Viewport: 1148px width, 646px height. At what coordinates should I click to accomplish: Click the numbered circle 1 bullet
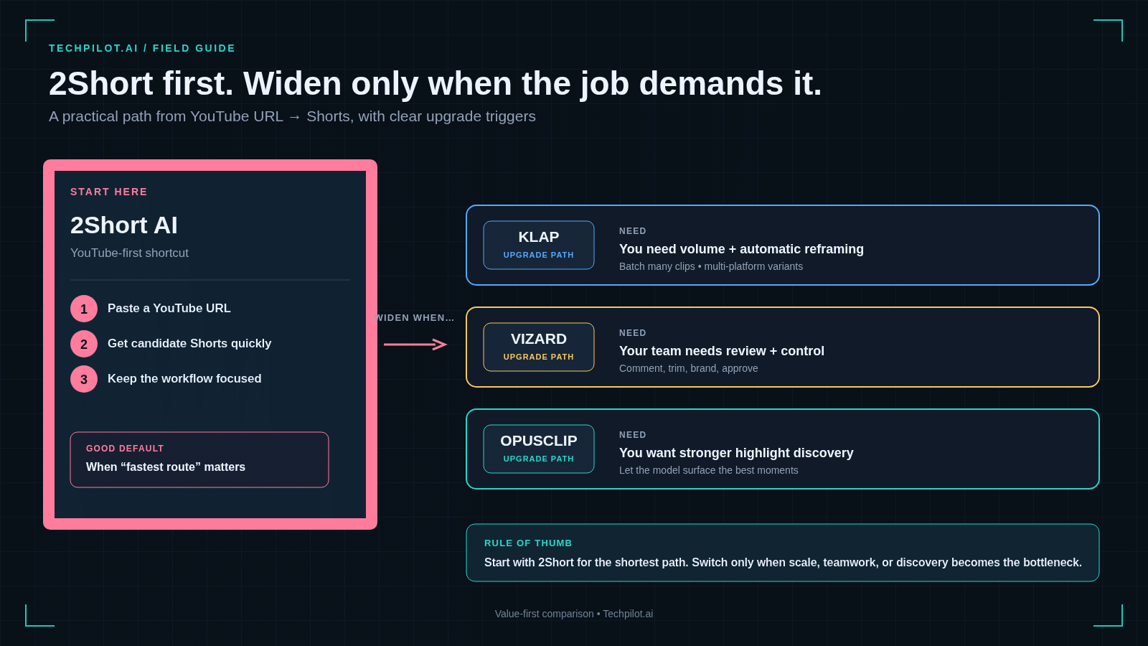pos(83,309)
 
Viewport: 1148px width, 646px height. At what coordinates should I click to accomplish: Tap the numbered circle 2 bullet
pos(83,344)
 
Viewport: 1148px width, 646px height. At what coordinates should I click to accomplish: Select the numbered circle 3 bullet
pos(83,379)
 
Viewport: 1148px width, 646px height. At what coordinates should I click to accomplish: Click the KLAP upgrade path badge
pos(539,245)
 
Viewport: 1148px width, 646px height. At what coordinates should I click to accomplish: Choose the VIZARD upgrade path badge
pos(539,347)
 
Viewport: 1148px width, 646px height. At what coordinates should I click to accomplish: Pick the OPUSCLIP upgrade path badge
pos(539,449)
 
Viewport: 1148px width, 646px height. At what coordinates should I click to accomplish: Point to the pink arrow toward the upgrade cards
pos(415,344)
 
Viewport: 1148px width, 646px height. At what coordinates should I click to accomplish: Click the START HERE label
pos(108,192)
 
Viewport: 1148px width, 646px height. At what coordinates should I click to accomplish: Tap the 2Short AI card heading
pos(124,225)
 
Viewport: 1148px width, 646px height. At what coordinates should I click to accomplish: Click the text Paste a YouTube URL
pos(169,308)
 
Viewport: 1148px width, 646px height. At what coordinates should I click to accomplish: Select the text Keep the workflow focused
pos(184,378)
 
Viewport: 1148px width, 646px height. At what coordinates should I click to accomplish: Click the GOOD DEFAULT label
pos(125,448)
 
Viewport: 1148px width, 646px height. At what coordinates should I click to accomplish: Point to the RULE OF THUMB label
pos(528,543)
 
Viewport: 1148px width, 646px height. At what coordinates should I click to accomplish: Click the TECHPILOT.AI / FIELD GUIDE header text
pos(142,48)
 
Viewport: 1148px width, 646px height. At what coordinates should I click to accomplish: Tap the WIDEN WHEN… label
pos(414,318)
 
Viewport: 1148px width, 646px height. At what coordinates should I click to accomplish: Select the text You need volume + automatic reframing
pos(741,249)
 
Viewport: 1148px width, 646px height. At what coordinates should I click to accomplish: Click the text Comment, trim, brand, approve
pos(688,368)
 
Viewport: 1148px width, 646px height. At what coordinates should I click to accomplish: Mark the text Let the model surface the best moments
pos(708,470)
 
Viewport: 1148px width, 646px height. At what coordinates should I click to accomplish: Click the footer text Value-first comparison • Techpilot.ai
pos(573,614)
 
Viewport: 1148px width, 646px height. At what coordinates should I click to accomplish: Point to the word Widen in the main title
pos(292,83)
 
